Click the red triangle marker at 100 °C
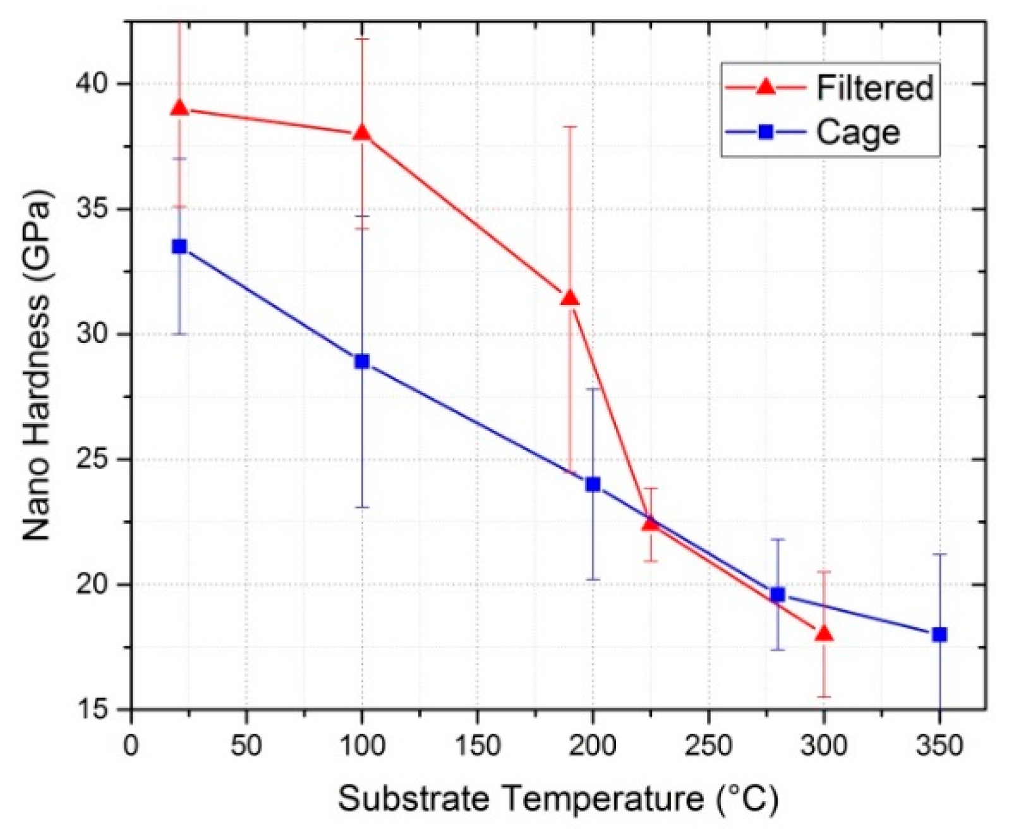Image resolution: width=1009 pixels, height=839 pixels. coord(362,133)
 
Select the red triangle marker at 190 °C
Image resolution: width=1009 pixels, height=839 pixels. coord(570,298)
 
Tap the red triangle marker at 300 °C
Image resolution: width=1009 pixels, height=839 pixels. coord(823,634)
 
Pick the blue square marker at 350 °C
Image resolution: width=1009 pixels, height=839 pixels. coord(940,634)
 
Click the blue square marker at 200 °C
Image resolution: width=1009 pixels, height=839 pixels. coord(593,485)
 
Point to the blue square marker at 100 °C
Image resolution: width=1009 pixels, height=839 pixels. coord(362,361)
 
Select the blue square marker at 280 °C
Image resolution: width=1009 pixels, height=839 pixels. coord(778,595)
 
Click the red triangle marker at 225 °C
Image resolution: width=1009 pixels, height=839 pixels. coord(651,523)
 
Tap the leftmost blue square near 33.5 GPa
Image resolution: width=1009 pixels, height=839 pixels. coord(180,246)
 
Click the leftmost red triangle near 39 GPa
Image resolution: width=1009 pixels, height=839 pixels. coord(180,108)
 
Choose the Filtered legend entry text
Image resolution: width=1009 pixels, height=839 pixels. coord(874,88)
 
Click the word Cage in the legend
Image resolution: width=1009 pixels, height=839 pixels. coord(857,133)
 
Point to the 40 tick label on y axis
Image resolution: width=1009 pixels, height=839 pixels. coord(96,83)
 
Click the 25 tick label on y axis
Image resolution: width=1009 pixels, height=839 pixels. coord(96,459)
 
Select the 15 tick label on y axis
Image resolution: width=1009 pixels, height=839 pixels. coord(96,709)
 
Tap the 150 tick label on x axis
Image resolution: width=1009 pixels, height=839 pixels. coord(476,745)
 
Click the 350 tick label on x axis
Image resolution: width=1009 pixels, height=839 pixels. coord(939,745)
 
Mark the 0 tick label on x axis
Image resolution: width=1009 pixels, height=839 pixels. coord(131,745)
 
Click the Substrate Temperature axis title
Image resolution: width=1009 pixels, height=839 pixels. coord(559,800)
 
